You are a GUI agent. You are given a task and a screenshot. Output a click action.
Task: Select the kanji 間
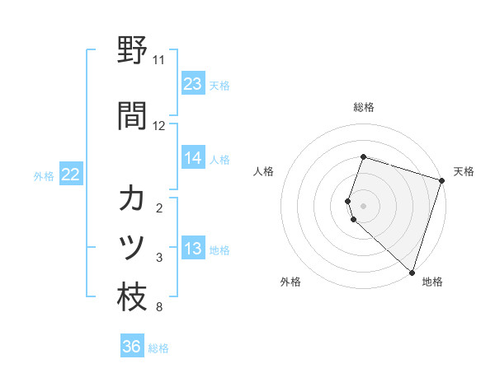tap(132, 115)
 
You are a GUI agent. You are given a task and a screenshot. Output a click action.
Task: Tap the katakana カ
tap(132, 199)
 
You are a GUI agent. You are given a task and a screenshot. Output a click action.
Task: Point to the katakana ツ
tap(132, 247)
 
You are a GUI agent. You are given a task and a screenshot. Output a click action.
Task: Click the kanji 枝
tap(132, 297)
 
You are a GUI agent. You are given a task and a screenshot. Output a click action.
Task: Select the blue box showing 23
tap(193, 84)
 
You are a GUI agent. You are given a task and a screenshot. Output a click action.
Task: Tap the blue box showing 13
tap(193, 249)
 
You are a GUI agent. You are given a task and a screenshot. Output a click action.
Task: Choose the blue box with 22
tap(71, 175)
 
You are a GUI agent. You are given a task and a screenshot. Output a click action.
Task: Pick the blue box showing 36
tap(132, 347)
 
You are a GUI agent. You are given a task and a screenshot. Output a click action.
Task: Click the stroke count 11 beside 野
tap(159, 60)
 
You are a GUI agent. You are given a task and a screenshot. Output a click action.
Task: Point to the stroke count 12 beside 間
tap(159, 126)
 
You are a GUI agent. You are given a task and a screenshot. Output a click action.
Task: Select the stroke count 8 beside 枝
tap(159, 308)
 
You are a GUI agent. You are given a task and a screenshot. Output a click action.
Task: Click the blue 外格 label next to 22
tap(45, 175)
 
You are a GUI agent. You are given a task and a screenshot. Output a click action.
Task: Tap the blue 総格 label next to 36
tap(158, 347)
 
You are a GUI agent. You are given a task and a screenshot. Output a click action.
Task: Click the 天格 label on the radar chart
tap(464, 171)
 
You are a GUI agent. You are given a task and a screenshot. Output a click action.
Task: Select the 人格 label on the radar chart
tap(264, 171)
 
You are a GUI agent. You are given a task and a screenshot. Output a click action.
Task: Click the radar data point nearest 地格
tap(412, 272)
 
